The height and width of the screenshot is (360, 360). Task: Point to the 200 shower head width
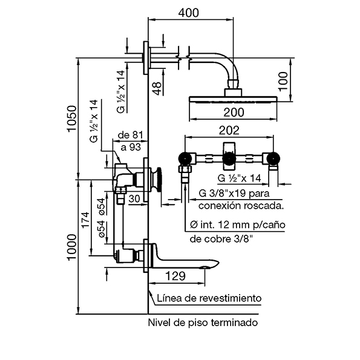tap(234, 112)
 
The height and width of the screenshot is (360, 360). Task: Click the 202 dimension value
tap(229, 130)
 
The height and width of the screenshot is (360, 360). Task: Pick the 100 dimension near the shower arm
tap(283, 79)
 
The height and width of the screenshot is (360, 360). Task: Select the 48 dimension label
tap(156, 88)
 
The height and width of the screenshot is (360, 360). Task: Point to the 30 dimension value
tap(134, 199)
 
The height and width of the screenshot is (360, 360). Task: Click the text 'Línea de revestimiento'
tap(209, 298)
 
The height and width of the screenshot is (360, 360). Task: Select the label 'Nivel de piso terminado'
tap(203, 322)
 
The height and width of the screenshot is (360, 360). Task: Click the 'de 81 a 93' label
tap(129, 141)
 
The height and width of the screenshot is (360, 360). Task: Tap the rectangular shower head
tap(233, 100)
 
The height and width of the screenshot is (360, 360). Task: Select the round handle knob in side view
tap(158, 179)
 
